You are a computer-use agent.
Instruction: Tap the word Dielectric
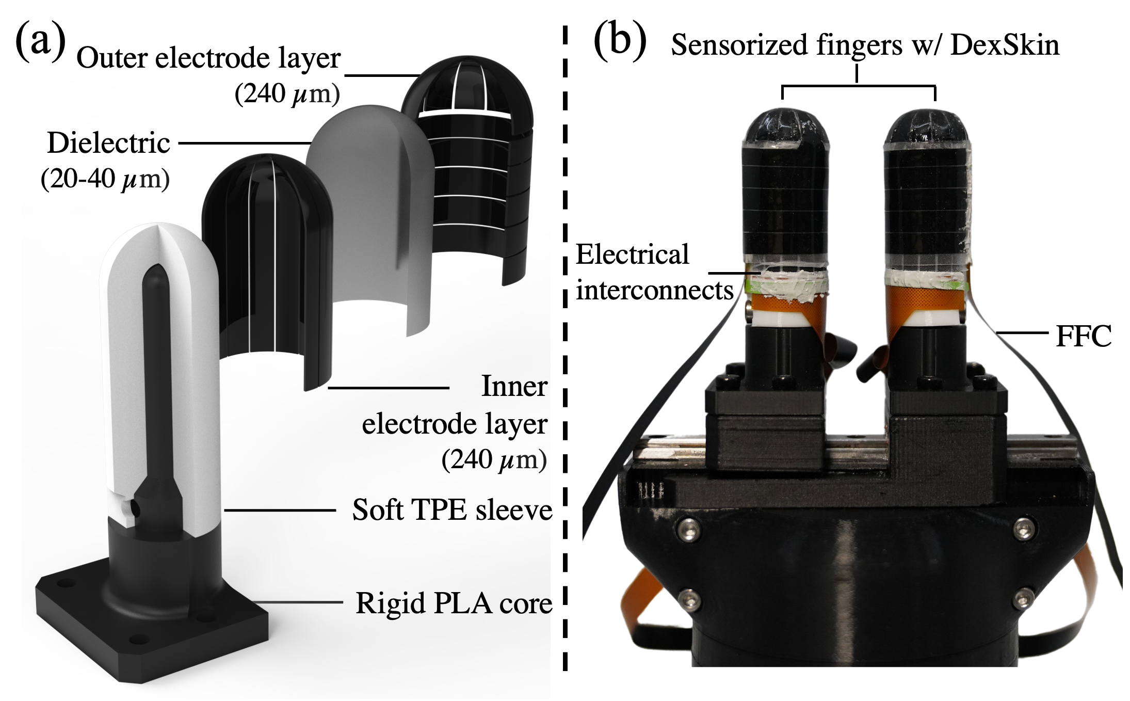tap(108, 143)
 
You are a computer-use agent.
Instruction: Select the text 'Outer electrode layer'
tap(208, 58)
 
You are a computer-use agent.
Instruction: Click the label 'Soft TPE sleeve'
tap(452, 511)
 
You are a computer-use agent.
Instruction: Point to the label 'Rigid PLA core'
tap(454, 602)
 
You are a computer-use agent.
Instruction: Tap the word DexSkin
tap(1005, 45)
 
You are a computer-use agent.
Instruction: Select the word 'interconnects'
tap(654, 290)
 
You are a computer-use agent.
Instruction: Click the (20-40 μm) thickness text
tap(105, 179)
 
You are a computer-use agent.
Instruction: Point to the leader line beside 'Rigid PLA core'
tap(299, 602)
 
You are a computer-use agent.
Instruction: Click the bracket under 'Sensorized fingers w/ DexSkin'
tap(858, 86)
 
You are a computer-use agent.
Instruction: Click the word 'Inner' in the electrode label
tap(513, 387)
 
